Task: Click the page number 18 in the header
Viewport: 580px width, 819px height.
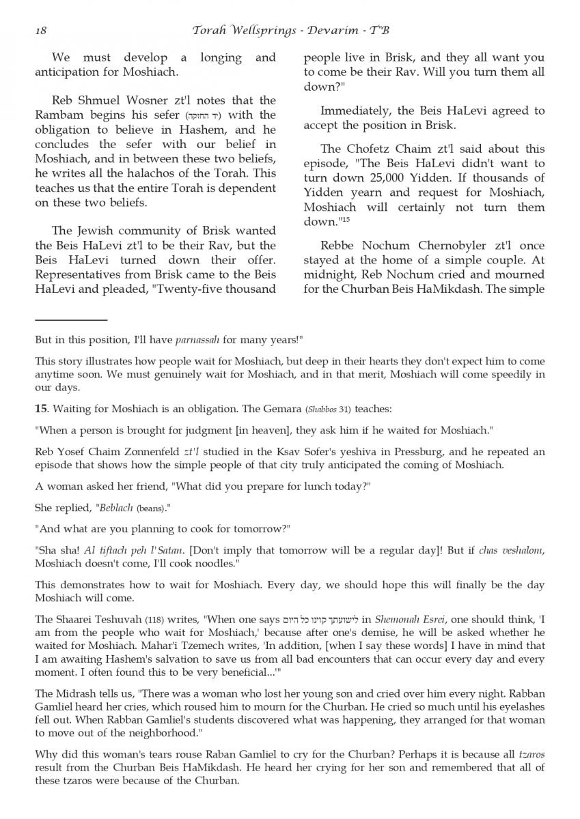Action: [x=40, y=31]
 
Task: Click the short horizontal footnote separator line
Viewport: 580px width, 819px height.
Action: [x=71, y=319]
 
